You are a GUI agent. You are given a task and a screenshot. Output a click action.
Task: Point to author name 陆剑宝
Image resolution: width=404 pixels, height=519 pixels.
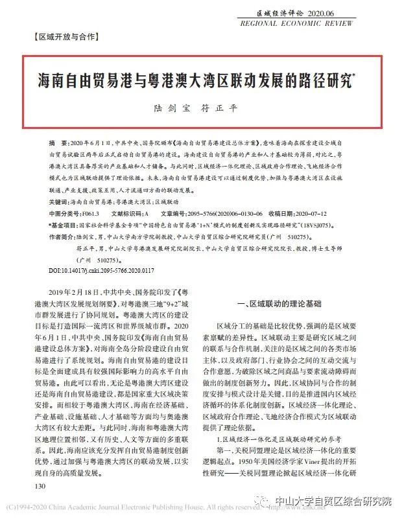pos(171,108)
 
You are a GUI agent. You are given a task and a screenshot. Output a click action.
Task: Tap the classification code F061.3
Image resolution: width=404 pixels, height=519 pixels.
pos(91,213)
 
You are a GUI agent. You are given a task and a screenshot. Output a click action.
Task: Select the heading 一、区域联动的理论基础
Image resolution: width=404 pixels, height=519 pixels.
pos(280,303)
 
